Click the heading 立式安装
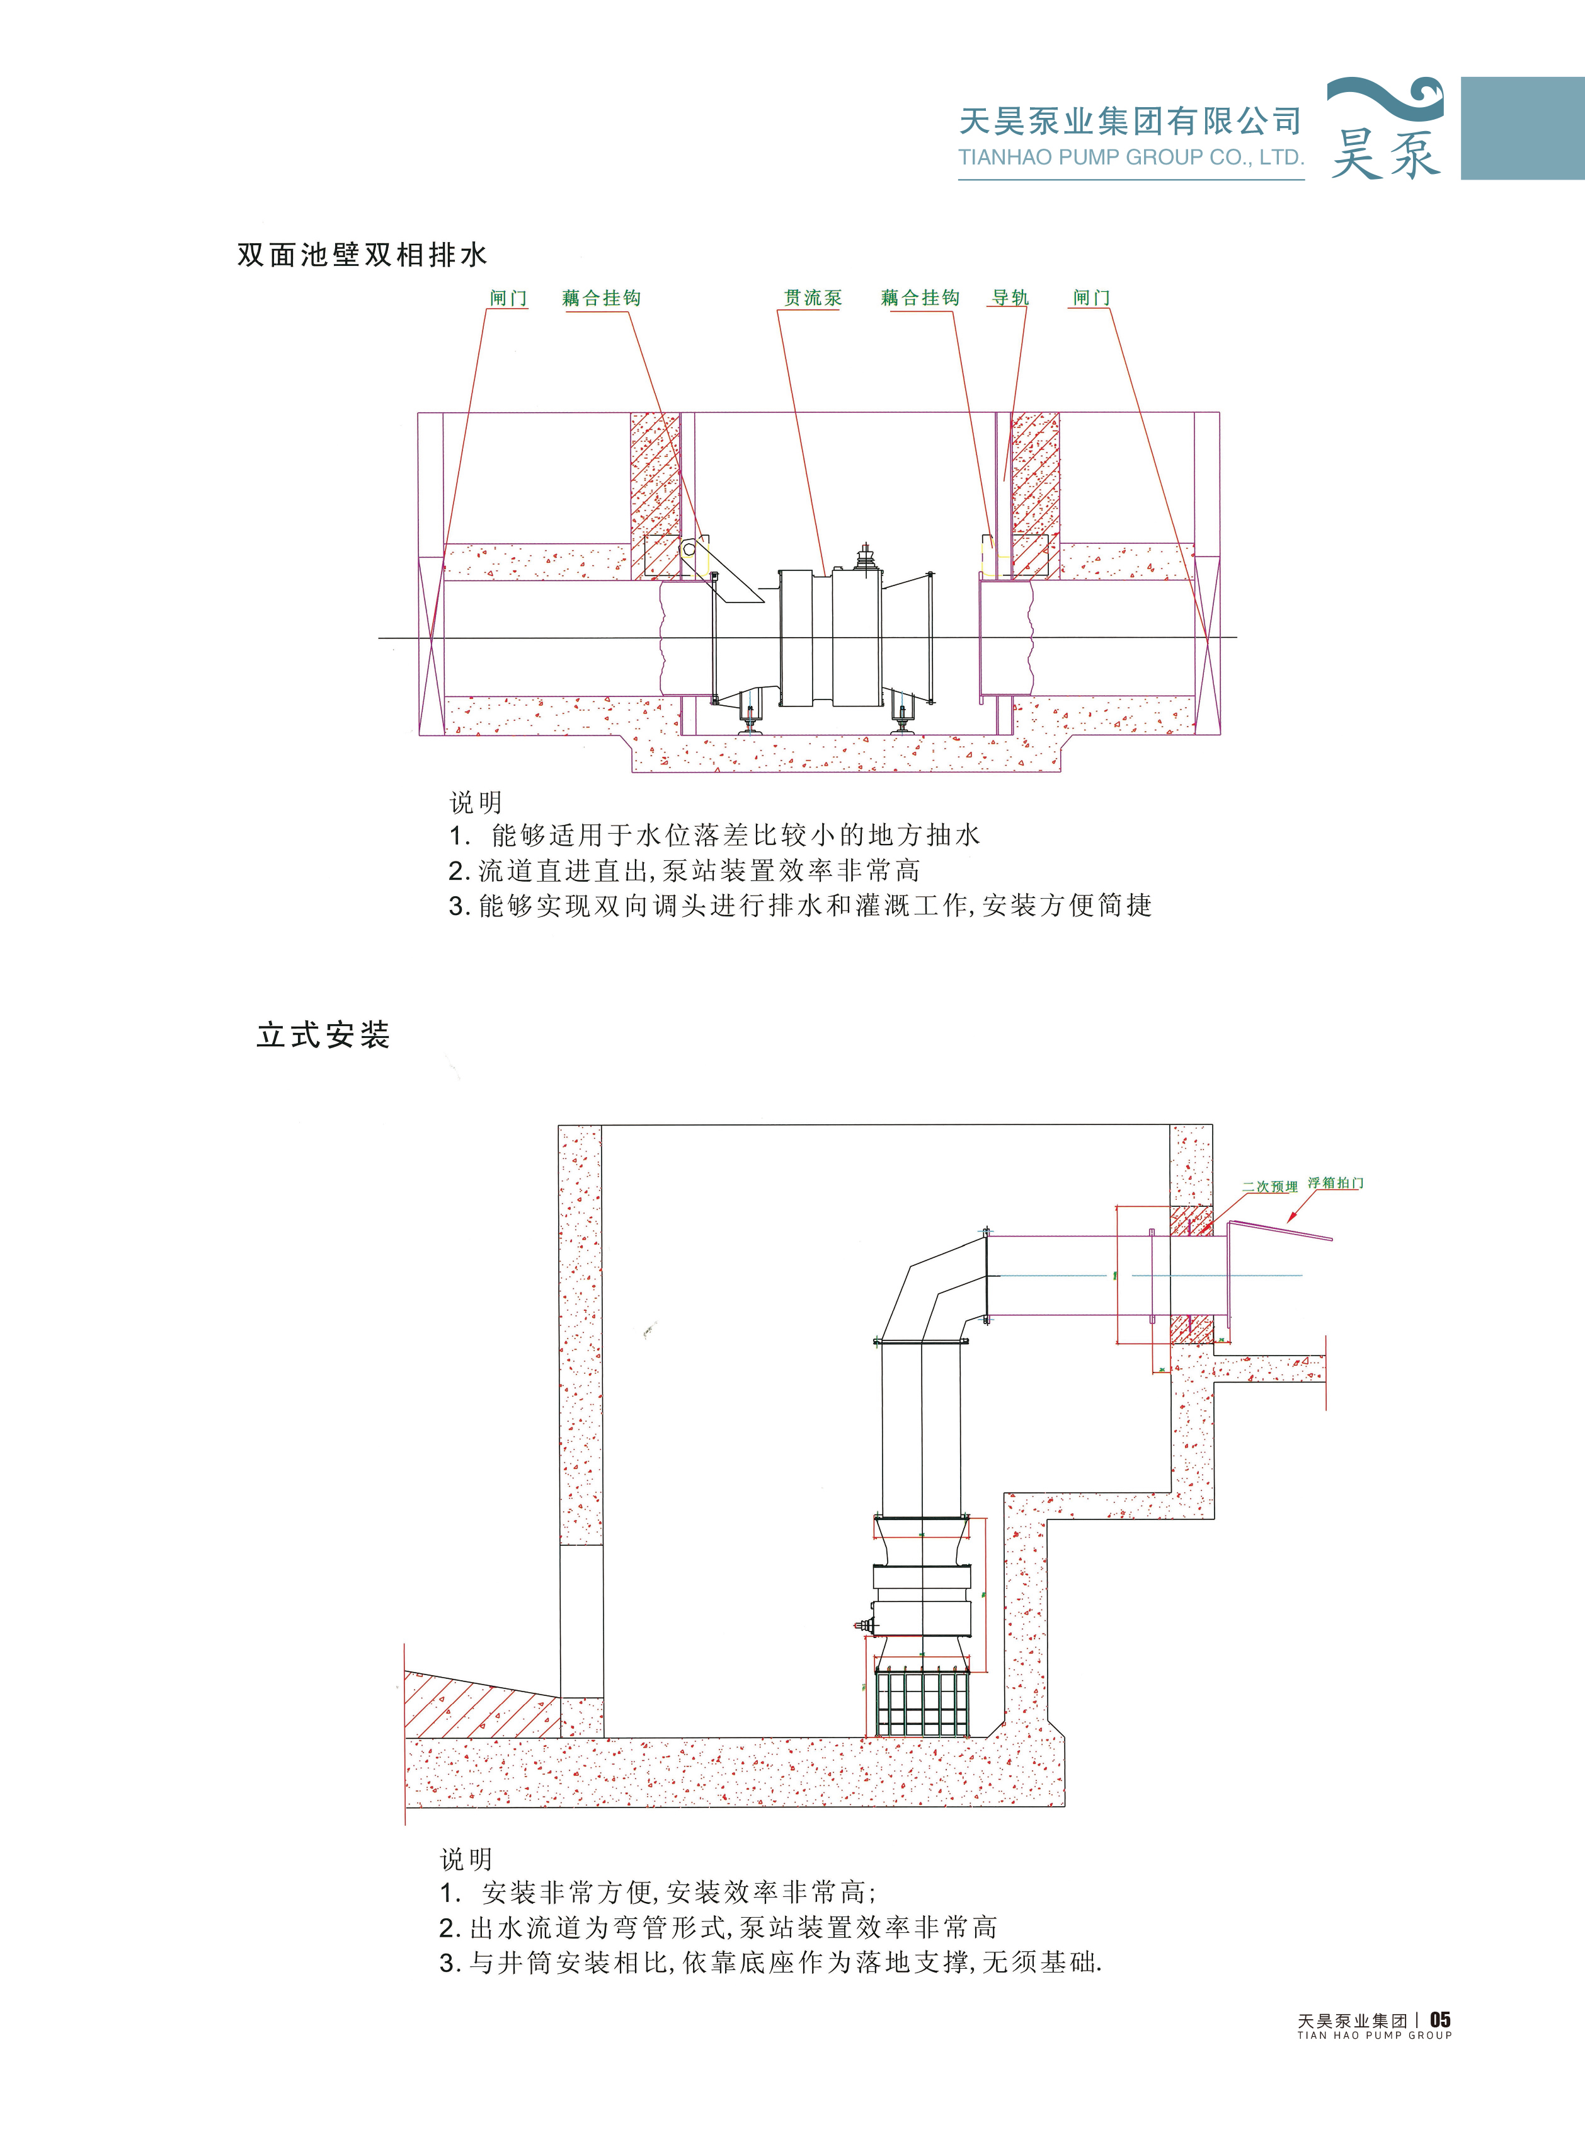click(323, 1035)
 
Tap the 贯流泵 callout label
click(813, 297)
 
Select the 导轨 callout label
click(1009, 297)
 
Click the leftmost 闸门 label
click(508, 297)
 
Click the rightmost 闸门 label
click(1091, 297)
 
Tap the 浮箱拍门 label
click(1336, 1184)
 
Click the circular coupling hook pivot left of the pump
click(688, 549)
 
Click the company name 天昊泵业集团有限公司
click(1130, 121)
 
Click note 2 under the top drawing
click(684, 870)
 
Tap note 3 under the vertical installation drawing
click(770, 1962)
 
